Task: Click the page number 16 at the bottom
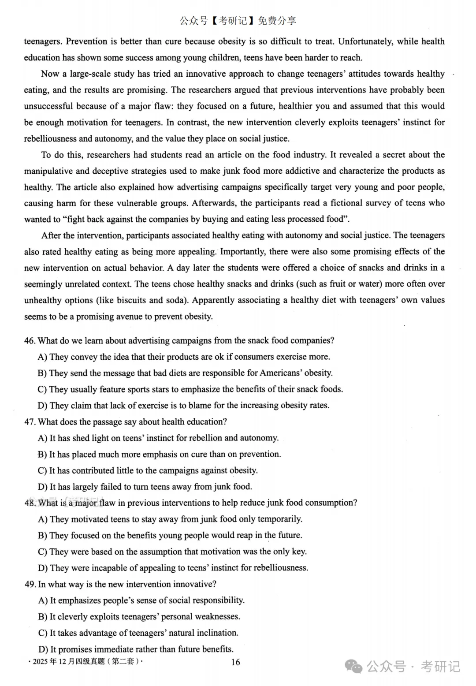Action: click(x=236, y=662)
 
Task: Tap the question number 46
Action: click(x=30, y=341)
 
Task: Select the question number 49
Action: click(x=30, y=584)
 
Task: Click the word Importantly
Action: click(x=241, y=252)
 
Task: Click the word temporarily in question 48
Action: click(x=280, y=519)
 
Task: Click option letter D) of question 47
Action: click(x=43, y=487)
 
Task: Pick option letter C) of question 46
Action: click(x=42, y=389)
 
